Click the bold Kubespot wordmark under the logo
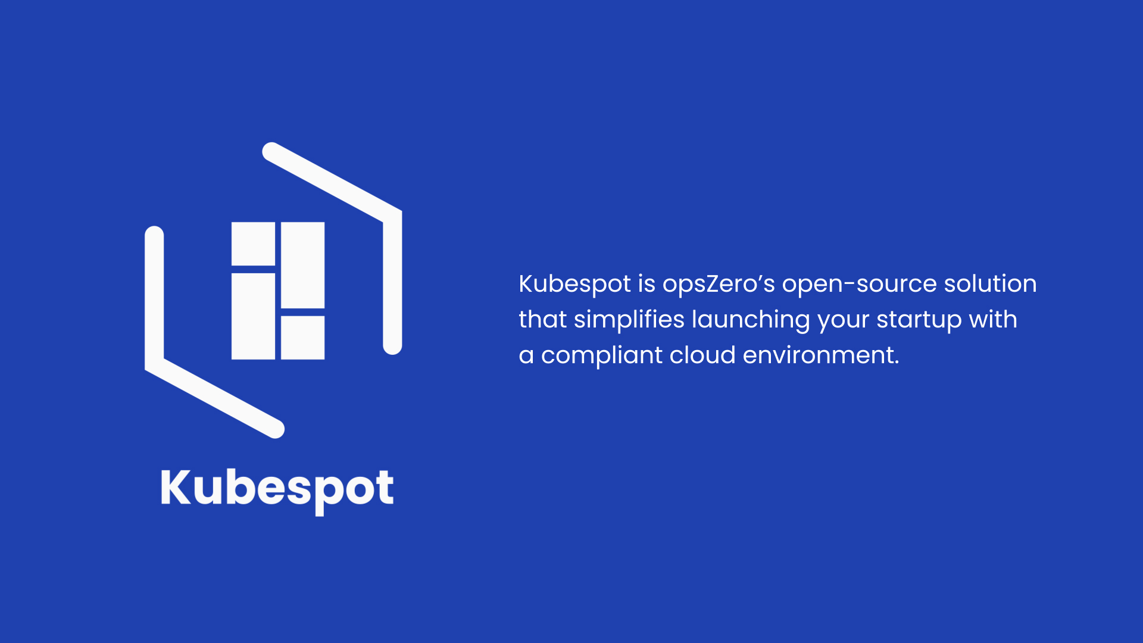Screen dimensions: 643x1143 (x=277, y=489)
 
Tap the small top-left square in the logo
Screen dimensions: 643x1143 (x=253, y=244)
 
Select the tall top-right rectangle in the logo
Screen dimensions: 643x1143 (x=302, y=265)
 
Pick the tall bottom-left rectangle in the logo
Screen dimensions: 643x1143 (x=253, y=316)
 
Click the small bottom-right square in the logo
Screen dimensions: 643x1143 (x=302, y=338)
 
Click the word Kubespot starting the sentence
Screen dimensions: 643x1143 (x=574, y=284)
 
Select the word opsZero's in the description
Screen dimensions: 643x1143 (x=719, y=284)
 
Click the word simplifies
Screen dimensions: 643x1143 (x=629, y=320)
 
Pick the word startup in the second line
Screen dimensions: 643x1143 (x=919, y=320)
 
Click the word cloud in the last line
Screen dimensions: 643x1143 (x=702, y=355)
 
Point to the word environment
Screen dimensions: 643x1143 (x=820, y=355)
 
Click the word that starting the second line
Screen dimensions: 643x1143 (x=542, y=320)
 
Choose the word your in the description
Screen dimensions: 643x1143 (x=843, y=320)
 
